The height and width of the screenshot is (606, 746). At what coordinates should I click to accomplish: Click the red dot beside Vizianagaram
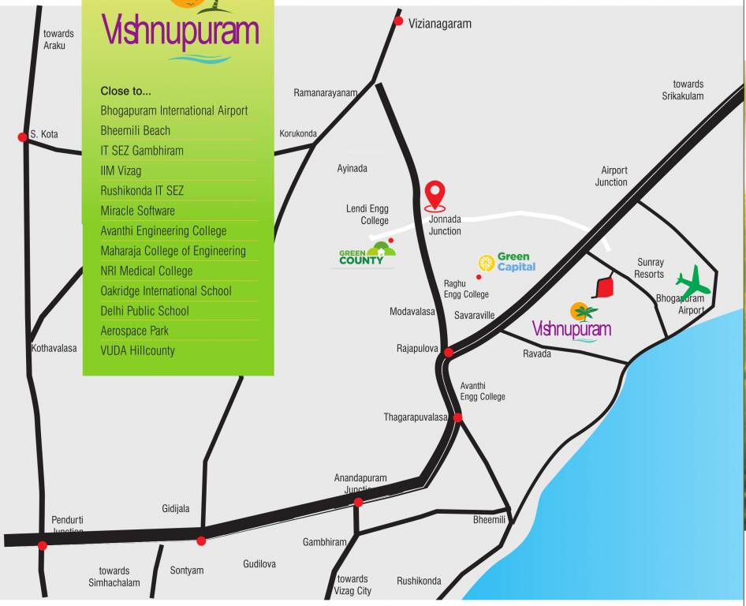click(398, 21)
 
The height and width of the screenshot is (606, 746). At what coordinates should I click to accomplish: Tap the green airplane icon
click(693, 283)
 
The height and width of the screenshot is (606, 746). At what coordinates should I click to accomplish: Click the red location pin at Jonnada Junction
click(435, 196)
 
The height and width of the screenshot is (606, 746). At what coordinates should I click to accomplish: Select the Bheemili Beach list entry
click(135, 131)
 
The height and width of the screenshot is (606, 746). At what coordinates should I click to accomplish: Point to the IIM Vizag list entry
click(121, 170)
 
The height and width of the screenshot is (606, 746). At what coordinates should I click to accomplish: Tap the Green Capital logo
click(507, 262)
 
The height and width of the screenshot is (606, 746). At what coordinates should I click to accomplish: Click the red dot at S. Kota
click(23, 137)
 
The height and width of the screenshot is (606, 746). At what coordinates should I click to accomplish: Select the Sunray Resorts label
click(650, 268)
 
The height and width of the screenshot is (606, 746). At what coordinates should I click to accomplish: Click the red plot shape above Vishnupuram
click(604, 286)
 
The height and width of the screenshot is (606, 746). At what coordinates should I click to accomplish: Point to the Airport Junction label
click(611, 176)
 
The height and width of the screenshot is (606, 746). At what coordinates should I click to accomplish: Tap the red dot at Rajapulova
click(449, 352)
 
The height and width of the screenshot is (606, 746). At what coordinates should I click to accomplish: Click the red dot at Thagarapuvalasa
click(457, 417)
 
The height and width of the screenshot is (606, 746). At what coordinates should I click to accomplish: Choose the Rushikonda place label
click(419, 582)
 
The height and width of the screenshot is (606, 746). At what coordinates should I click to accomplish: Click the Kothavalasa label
click(54, 348)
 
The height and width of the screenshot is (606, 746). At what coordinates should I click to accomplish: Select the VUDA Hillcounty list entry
click(137, 350)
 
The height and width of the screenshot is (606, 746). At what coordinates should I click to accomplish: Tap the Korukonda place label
click(298, 134)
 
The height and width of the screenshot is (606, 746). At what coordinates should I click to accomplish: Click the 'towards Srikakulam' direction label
click(683, 90)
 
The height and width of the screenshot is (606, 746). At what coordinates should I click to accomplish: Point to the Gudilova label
click(259, 564)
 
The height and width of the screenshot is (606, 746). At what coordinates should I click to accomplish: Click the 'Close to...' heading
click(125, 91)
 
